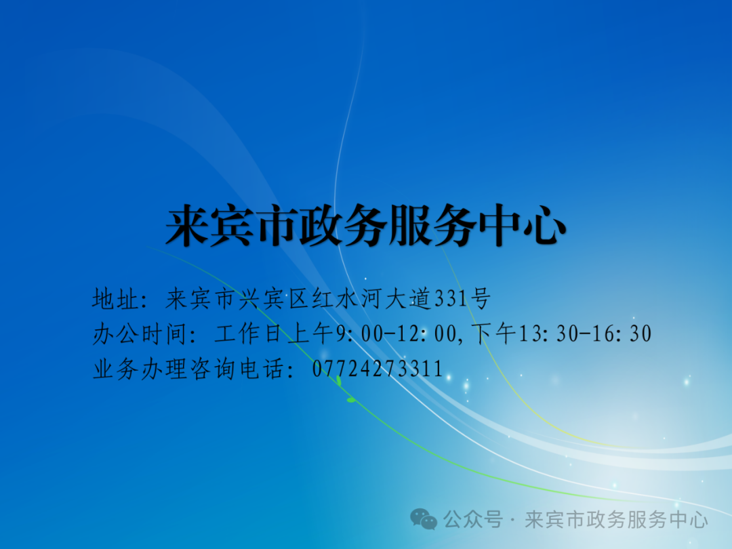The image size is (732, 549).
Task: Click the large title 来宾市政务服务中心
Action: click(x=366, y=226)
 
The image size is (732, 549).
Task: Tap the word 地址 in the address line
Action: click(x=115, y=299)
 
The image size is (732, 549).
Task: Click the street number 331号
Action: click(x=462, y=299)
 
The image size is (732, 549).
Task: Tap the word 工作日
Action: click(x=251, y=333)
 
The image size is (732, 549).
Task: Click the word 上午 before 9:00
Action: click(x=311, y=333)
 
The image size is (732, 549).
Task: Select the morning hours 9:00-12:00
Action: click(x=396, y=333)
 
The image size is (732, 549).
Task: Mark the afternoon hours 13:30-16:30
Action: click(x=585, y=333)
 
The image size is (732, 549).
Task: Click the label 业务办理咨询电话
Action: click(x=188, y=369)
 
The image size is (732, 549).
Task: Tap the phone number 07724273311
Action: click(x=378, y=369)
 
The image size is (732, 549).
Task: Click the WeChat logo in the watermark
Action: click(x=424, y=519)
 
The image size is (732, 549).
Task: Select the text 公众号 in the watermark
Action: click(x=473, y=519)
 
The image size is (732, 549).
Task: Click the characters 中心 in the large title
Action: click(x=523, y=226)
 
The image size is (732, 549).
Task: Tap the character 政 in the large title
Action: click(x=321, y=226)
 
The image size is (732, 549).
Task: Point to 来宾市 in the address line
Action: click(x=200, y=299)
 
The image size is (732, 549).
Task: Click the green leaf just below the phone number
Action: click(x=351, y=400)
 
